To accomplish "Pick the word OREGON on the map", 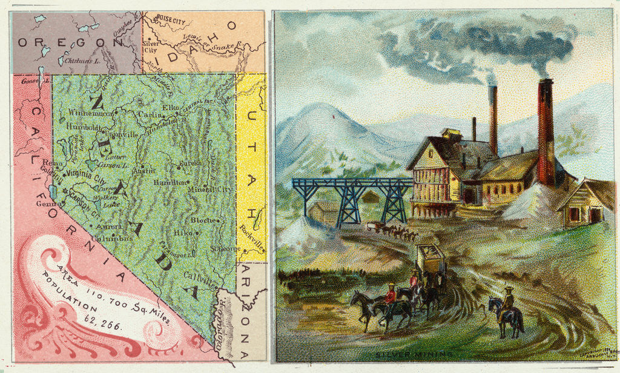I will click(70, 42).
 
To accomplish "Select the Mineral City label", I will click(210, 190).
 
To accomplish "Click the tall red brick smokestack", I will click(546, 133).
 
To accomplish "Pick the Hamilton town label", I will click(170, 182).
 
